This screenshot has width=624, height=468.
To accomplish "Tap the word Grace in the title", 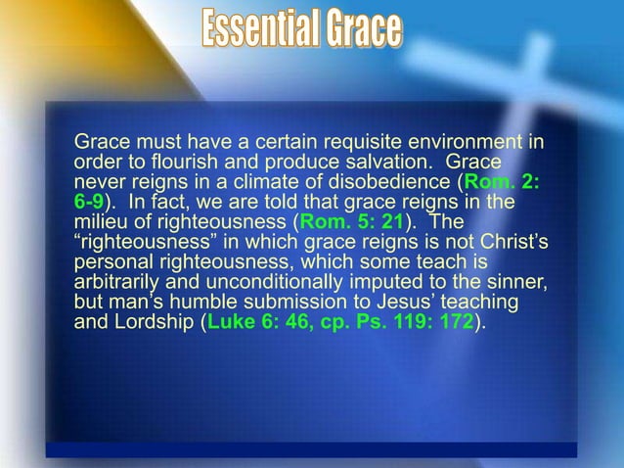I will click(x=365, y=29).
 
